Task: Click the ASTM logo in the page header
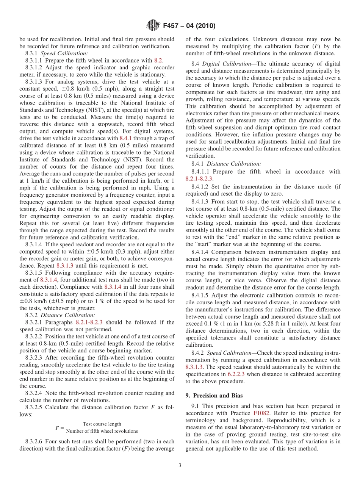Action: point(153,26)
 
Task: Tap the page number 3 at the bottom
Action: point(180,465)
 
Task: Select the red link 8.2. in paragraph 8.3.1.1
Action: point(158,61)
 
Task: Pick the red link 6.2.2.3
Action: point(238,374)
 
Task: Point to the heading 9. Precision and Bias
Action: point(214,396)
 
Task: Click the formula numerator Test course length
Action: point(102,424)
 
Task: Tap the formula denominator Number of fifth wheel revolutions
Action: point(102,431)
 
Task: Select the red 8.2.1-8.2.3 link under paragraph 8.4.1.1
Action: point(199,179)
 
